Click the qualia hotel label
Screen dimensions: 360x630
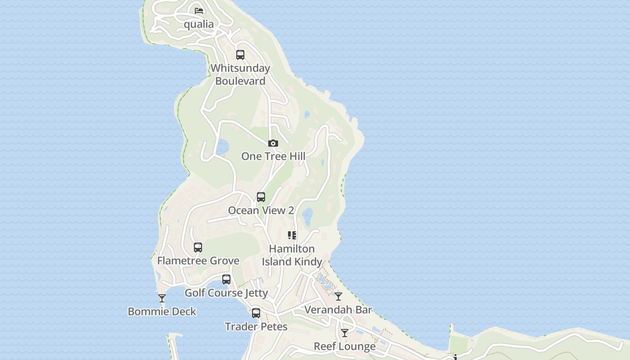click(198, 24)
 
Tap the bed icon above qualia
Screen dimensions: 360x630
click(198, 10)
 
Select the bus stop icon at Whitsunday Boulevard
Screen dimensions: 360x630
click(240, 55)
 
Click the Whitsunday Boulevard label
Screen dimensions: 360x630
click(240, 75)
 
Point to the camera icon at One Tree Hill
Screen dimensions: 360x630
click(273, 144)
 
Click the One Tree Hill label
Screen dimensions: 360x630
click(273, 157)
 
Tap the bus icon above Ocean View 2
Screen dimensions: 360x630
click(261, 197)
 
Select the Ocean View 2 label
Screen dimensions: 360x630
click(261, 211)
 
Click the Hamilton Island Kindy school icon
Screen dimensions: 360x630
click(292, 235)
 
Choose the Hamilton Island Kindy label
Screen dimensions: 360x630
click(292, 255)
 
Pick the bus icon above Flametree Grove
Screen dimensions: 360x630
click(198, 247)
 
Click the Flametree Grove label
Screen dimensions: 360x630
click(198, 261)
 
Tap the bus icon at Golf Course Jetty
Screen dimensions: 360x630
click(226, 279)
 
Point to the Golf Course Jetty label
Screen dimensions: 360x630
click(226, 293)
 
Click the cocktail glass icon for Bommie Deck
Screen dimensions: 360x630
click(162, 298)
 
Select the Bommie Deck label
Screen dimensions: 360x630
click(162, 311)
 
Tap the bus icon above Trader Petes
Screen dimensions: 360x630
click(256, 313)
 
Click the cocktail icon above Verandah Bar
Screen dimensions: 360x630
click(338, 297)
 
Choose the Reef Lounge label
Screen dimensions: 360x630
click(345, 346)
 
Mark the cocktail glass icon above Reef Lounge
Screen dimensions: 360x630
click(345, 333)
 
